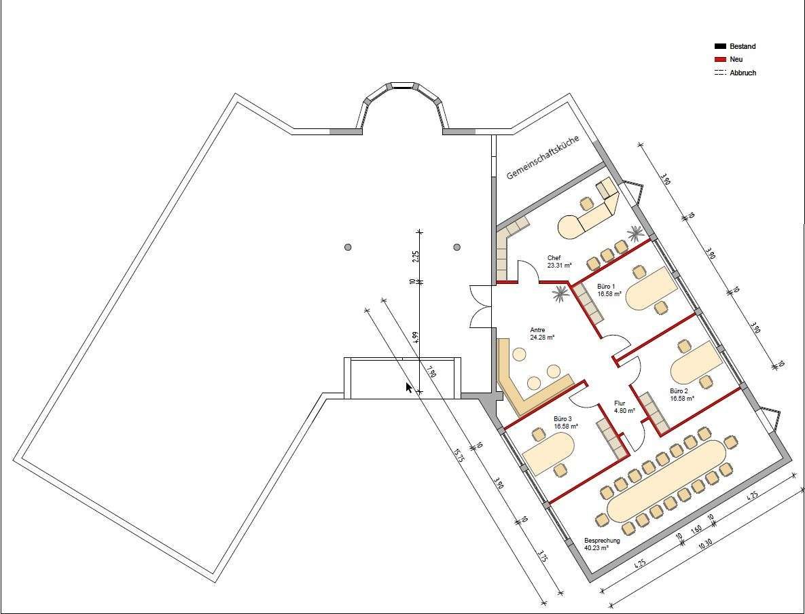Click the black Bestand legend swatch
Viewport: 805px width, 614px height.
point(720,47)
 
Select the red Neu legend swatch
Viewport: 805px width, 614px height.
point(720,60)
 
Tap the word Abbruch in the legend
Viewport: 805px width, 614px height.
point(743,73)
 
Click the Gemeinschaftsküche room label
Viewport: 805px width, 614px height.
point(543,157)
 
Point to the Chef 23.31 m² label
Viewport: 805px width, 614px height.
point(559,261)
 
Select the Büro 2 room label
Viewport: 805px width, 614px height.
point(681,395)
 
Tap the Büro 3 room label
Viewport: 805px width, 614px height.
point(565,422)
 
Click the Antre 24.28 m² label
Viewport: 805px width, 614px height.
point(542,333)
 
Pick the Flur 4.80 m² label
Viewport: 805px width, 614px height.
point(624,407)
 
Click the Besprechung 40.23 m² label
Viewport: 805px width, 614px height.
point(602,544)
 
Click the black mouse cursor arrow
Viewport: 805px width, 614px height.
point(409,388)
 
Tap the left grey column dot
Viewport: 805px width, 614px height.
point(348,247)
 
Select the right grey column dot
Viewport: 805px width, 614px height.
point(457,247)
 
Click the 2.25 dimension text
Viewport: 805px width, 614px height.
point(416,257)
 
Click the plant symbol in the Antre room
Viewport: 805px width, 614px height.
point(560,293)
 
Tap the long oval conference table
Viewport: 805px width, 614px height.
point(666,481)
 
